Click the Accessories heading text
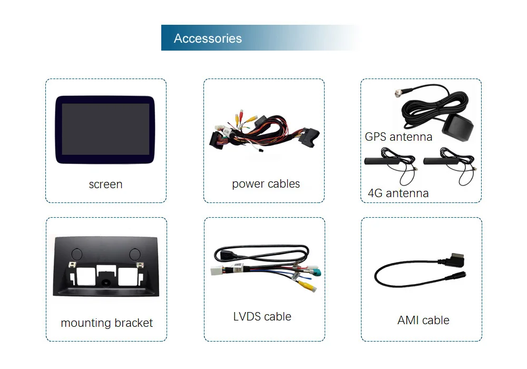pyautogui.click(x=208, y=38)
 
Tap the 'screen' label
pyautogui.click(x=105, y=184)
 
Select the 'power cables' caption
pyautogui.click(x=266, y=184)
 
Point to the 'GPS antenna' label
pyautogui.click(x=398, y=137)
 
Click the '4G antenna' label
pyautogui.click(x=398, y=193)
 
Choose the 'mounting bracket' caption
pyautogui.click(x=106, y=323)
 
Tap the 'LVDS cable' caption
pyautogui.click(x=262, y=317)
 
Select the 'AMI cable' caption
pyautogui.click(x=423, y=320)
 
